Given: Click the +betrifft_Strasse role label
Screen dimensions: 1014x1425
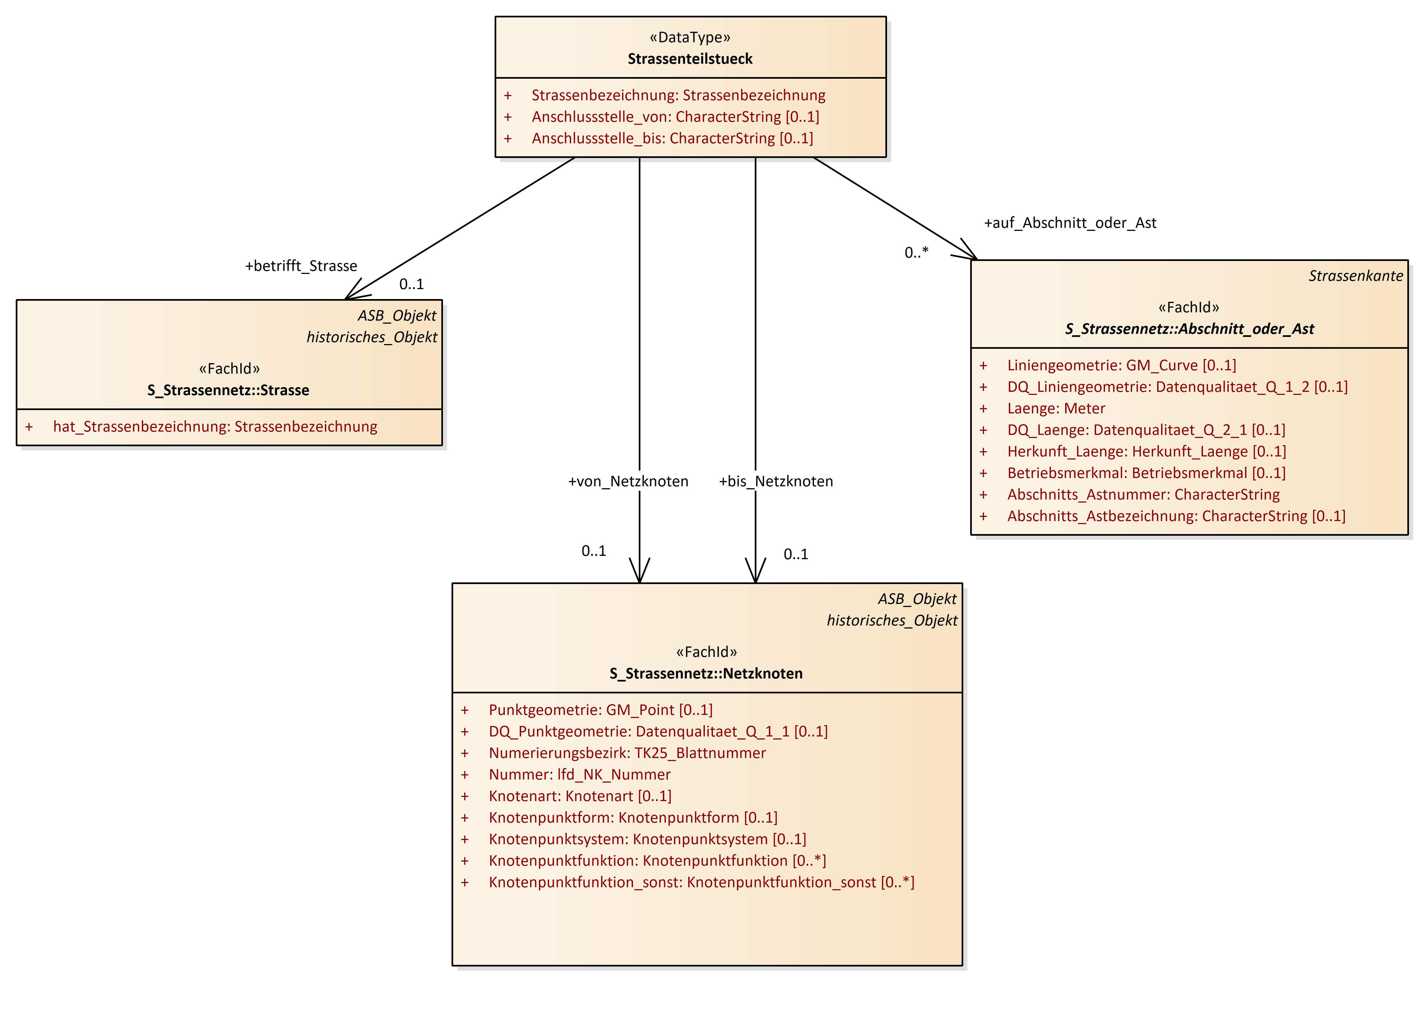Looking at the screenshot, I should pos(301,266).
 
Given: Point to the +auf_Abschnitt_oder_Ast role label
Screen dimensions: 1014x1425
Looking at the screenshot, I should pos(1070,223).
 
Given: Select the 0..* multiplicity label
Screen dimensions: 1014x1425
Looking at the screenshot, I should pos(916,252).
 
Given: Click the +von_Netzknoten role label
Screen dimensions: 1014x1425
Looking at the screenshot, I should pos(627,481).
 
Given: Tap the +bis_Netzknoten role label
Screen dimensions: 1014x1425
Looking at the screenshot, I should pos(775,481).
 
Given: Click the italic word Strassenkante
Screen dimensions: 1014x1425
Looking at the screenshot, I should pos(1355,276).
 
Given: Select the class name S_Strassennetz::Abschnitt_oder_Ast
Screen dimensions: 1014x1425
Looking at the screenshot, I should pos(1189,329).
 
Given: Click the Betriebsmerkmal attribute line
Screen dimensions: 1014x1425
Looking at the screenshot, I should pos(1146,473).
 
